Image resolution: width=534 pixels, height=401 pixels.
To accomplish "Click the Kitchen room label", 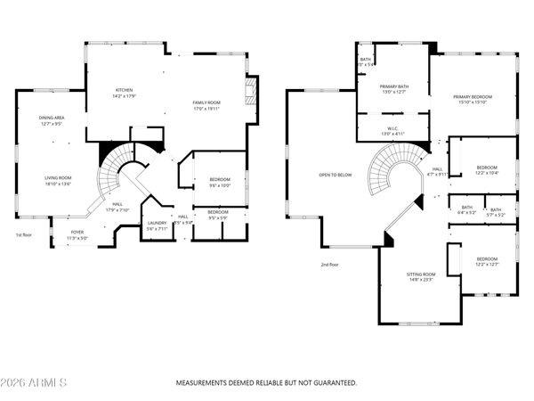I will [x=124, y=90].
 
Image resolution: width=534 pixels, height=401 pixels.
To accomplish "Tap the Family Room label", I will [x=206, y=102].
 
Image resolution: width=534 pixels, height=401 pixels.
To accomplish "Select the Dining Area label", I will [x=52, y=119].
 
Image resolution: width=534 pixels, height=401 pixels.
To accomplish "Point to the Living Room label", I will [x=58, y=177].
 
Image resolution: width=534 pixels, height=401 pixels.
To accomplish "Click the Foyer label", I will [x=77, y=232].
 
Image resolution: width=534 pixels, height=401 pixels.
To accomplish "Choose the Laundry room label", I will [x=157, y=222].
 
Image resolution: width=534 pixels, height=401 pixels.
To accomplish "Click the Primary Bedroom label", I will [x=472, y=96].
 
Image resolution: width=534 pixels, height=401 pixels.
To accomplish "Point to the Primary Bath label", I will [x=393, y=86].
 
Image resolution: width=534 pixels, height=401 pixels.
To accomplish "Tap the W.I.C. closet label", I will [x=392, y=129].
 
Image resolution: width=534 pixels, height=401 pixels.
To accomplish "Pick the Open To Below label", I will [x=336, y=175].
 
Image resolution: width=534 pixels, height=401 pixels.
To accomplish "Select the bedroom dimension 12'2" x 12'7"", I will [x=487, y=264].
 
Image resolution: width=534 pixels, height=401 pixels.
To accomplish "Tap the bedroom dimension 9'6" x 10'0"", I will [x=220, y=185].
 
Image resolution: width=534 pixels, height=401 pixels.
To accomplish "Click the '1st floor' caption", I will [x=24, y=235].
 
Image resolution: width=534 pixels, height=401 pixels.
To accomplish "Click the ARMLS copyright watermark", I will [x=36, y=382].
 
